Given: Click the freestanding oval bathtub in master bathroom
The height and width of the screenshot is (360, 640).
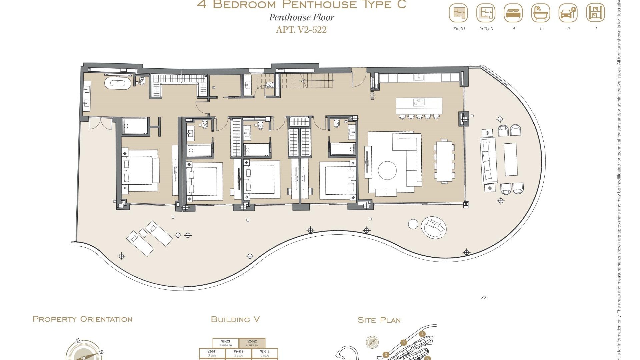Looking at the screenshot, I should point(118,83).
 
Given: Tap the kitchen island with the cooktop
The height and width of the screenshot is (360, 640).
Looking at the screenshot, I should point(419,106).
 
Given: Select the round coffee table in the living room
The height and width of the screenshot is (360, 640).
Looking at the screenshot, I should point(387,171).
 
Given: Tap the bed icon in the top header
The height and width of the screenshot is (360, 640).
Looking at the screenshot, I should point(513,13).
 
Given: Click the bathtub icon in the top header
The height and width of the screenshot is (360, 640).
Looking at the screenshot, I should point(541,13).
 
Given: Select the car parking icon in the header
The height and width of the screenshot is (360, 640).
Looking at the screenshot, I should point(568,13).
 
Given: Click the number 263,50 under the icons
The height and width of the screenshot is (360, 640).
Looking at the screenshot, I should point(486,29).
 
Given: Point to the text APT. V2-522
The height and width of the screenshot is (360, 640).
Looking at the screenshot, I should point(301,30).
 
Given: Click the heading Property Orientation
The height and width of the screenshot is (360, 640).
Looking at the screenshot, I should point(83,319).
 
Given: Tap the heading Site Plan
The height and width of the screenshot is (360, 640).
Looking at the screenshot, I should point(379,320).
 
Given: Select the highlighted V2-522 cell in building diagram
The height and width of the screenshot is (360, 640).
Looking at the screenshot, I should point(252,343).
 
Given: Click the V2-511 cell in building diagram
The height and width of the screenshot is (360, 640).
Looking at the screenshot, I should point(212,353).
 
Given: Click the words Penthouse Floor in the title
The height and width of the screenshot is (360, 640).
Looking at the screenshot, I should point(301,17).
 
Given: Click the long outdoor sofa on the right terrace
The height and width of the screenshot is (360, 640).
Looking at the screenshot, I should point(488,160).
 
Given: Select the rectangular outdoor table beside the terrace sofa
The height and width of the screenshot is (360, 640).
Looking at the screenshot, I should point(510,159).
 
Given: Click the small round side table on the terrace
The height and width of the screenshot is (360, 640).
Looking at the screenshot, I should point(413,224).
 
